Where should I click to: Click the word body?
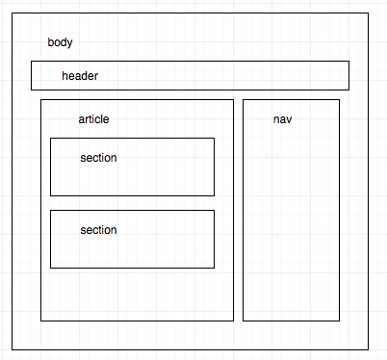tap(60, 43)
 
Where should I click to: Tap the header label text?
tap(80, 75)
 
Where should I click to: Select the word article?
tap(93, 119)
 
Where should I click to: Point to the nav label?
tap(283, 119)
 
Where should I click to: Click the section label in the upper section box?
tap(99, 157)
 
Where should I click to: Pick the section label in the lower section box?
tap(99, 229)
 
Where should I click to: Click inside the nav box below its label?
tap(291, 221)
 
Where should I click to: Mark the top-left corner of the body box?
tap(13, 13)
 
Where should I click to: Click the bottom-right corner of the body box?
tap(369, 348)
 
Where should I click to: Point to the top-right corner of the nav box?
tap(339, 99)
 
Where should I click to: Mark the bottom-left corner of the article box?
tap(41, 320)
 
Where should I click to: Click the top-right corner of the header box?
tap(348, 62)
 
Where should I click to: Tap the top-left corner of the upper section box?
tap(51, 138)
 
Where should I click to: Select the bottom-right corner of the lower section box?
tap(214, 268)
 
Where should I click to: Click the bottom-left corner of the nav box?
tap(243, 320)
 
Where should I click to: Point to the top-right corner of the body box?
tap(369, 13)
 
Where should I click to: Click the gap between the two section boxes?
tap(132, 203)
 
